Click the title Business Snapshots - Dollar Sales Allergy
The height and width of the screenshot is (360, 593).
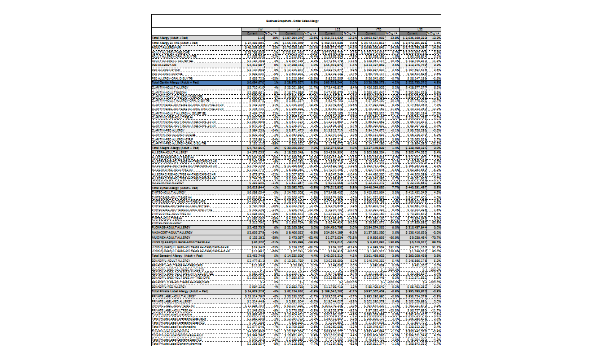296,20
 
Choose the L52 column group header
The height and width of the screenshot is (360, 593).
420,28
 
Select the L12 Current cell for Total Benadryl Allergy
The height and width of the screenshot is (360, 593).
331,256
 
